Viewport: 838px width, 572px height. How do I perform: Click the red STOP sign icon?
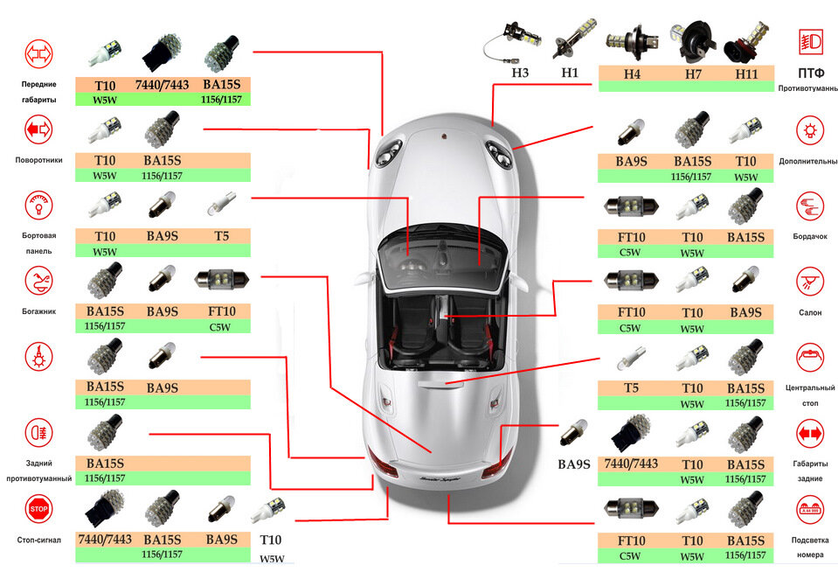coord(38,508)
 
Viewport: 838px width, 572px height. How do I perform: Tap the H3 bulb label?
coord(520,73)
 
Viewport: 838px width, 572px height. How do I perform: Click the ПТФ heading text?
coord(811,73)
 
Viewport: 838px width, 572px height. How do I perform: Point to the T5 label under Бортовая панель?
coord(221,236)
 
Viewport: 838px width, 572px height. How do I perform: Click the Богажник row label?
coord(39,310)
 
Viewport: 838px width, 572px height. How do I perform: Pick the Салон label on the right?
coord(810,312)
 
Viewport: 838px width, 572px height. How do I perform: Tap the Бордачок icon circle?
coord(810,206)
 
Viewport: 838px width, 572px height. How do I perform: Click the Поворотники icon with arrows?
coord(38,129)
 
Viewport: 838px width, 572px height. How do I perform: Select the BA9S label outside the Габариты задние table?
coord(574,464)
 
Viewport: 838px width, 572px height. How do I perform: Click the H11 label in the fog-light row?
coord(746,74)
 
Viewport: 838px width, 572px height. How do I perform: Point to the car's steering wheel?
coord(412,265)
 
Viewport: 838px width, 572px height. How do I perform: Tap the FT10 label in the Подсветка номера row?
coord(631,541)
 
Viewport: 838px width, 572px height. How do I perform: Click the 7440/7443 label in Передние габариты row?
coord(162,85)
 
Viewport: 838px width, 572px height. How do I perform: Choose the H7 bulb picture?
coord(693,39)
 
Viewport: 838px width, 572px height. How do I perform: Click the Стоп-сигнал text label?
coord(38,540)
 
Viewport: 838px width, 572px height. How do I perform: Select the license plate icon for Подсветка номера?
coord(810,509)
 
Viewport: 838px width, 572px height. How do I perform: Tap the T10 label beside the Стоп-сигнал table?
coord(270,540)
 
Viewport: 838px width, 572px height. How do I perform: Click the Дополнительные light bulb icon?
coord(810,130)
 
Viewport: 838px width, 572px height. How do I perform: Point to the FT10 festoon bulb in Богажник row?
coord(221,280)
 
